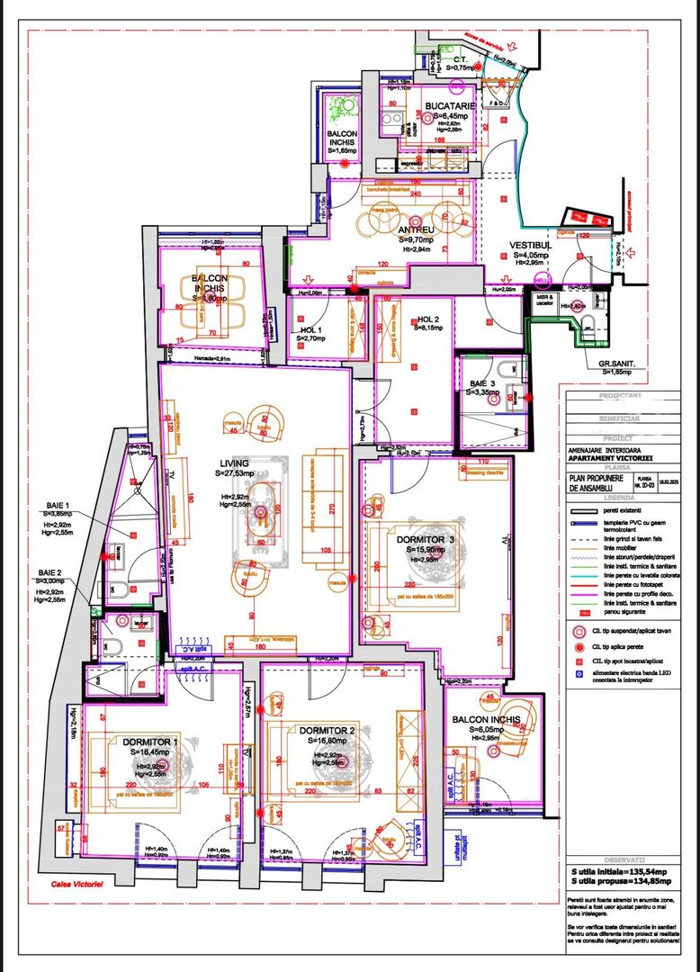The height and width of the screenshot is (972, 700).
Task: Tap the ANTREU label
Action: click(x=417, y=229)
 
